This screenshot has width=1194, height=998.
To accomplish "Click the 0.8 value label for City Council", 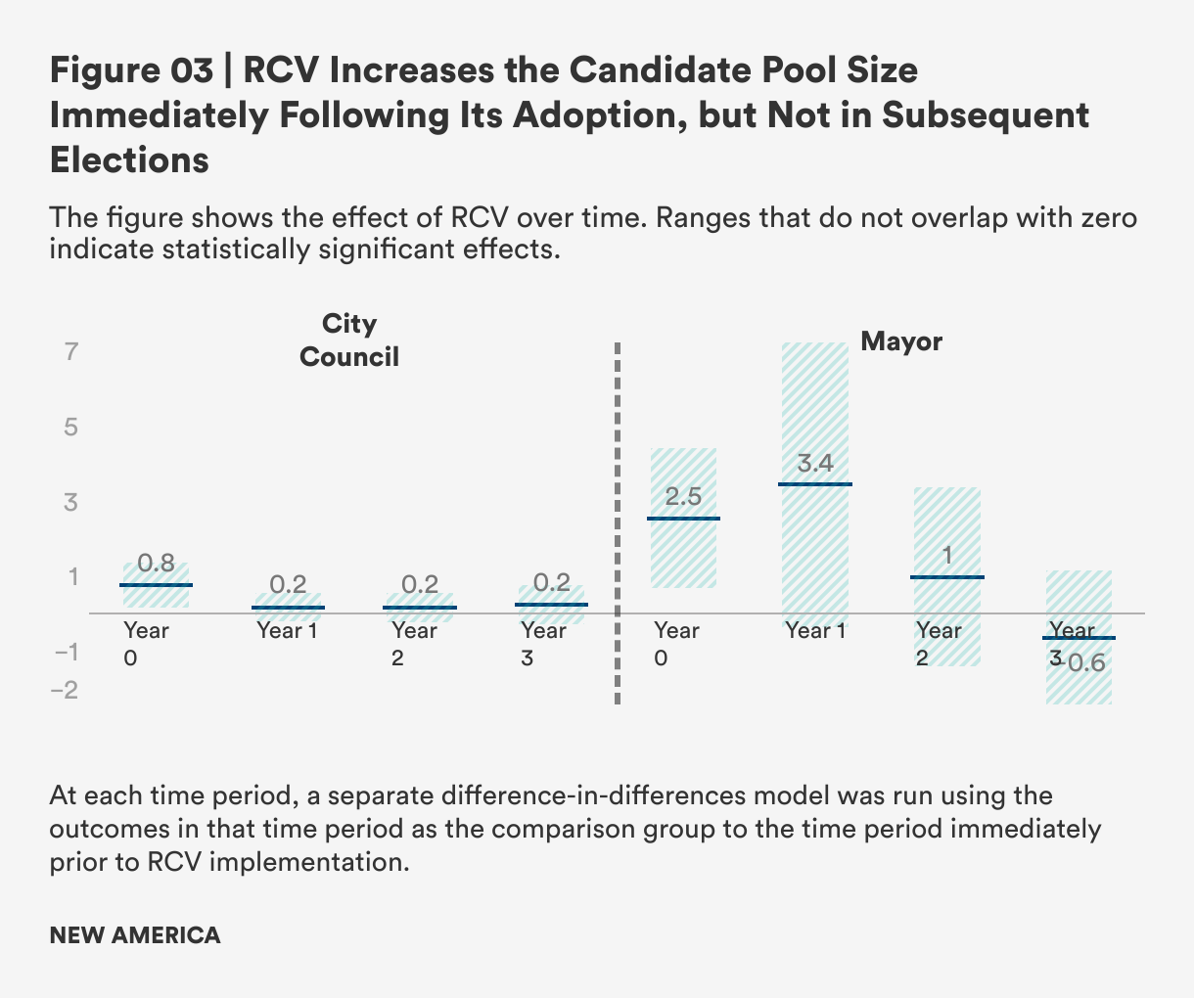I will tap(157, 563).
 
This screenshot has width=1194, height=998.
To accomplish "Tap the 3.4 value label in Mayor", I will tap(815, 463).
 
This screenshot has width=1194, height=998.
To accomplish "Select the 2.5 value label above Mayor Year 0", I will tap(683, 496).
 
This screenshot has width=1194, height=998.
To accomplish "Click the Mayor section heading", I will tap(901, 341).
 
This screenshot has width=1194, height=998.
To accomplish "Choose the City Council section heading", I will tap(349, 340).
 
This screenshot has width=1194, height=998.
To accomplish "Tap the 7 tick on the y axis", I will tap(71, 351).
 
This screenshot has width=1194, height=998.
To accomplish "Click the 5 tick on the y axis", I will tap(71, 427).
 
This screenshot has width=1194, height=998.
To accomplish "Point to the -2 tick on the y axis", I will tap(65, 690).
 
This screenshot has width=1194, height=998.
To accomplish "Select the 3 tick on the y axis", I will tap(71, 502).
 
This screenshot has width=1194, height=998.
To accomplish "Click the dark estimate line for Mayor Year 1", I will tap(815, 484).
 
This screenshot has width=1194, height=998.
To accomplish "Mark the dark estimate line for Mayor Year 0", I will tap(683, 519).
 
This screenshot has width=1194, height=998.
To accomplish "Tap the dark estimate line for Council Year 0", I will tap(157, 585).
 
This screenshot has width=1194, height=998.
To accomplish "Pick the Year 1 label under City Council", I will tap(287, 630).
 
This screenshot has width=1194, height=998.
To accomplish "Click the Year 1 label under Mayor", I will tap(815, 630).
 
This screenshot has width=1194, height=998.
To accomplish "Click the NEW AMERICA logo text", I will tap(135, 935).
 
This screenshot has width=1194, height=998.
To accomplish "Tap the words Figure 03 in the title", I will tap(131, 70).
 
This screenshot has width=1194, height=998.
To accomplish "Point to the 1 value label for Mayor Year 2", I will tap(947, 557).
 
